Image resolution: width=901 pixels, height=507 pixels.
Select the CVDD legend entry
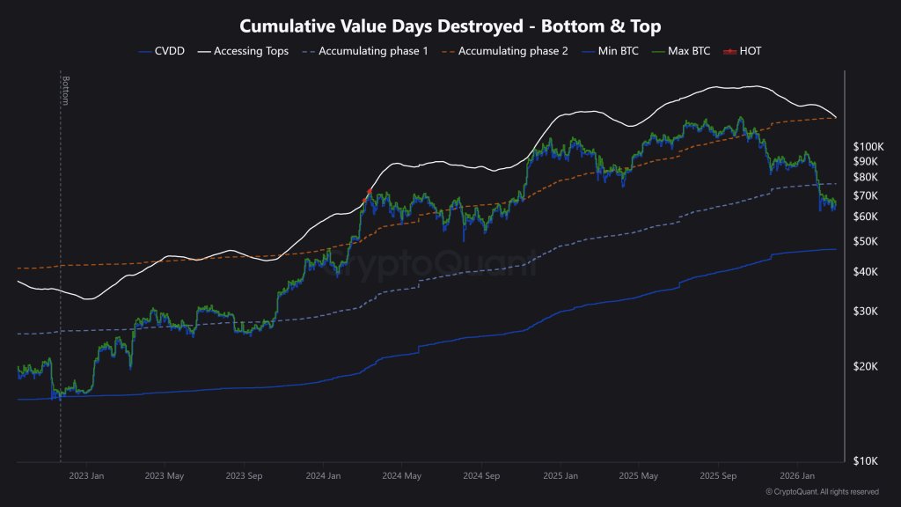point(165,51)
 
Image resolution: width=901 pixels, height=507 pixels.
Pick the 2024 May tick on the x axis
point(401,476)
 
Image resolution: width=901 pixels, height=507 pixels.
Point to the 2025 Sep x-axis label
point(718,476)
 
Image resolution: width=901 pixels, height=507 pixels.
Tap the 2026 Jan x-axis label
point(796,476)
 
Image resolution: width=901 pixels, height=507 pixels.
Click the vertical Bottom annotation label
point(65,91)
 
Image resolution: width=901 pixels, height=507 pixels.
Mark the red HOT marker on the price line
point(370,191)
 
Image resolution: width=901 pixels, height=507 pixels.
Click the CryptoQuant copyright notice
point(822,492)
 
